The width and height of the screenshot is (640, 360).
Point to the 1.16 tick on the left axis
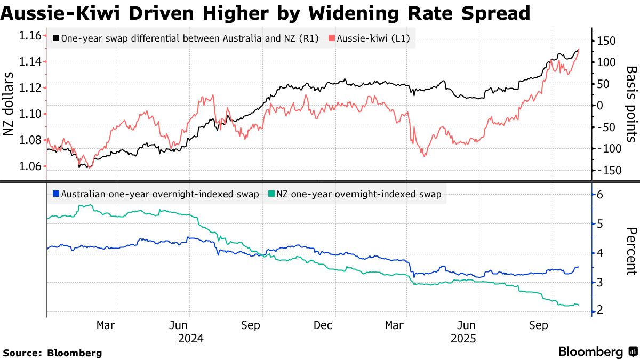coord(30,36)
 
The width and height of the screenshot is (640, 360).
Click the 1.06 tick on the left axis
coord(30,166)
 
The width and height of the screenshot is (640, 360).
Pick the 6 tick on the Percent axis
coord(601,195)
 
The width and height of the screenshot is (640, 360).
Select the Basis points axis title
coord(631,105)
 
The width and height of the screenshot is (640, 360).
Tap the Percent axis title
coord(631,251)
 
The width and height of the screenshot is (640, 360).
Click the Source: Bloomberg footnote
coord(52,353)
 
